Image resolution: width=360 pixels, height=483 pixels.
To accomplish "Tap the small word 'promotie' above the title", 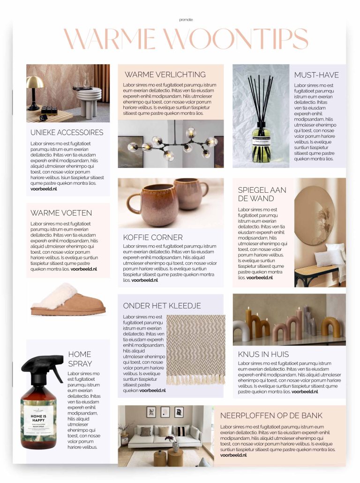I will (x=186, y=20).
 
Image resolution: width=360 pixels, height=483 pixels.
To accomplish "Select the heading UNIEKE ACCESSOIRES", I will (x=67, y=132).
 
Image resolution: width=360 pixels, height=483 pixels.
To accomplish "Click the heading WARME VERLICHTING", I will (x=165, y=75).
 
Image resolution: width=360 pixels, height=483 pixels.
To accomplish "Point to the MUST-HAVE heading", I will (x=316, y=75).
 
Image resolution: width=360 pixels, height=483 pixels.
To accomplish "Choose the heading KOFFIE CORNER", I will (x=153, y=237).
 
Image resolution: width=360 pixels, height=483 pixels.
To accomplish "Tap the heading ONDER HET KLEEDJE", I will (x=162, y=306).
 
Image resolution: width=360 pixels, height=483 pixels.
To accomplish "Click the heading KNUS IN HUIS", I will (x=263, y=354).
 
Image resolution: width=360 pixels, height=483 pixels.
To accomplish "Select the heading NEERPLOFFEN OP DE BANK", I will (x=271, y=415).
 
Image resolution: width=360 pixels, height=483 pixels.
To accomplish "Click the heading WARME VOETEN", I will (x=61, y=213).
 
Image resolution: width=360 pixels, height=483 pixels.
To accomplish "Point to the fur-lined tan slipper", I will (x=67, y=301).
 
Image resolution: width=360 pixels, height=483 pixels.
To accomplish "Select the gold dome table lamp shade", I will (x=35, y=83).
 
